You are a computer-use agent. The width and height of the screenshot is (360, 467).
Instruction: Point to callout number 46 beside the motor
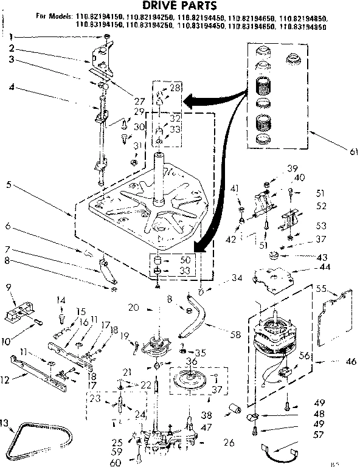pos(350,361)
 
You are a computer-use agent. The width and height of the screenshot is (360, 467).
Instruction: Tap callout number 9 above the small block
pos(9,287)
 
